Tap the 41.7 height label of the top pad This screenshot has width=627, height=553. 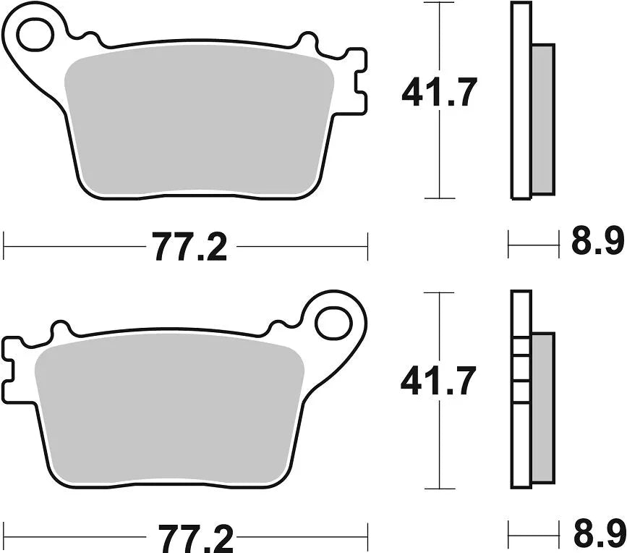click(x=440, y=94)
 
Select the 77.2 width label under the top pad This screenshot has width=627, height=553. click(x=189, y=248)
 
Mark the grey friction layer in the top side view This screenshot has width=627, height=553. click(x=542, y=119)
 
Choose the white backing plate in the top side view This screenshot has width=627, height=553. click(x=521, y=101)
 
